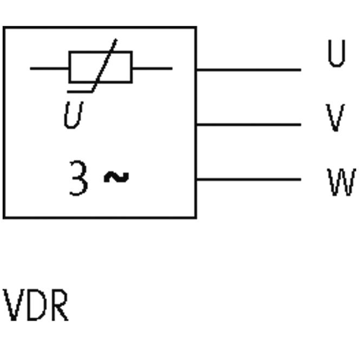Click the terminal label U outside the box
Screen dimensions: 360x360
[x=336, y=54]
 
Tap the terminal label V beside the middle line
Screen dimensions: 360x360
[x=335, y=118]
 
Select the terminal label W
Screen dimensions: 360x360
[x=341, y=182]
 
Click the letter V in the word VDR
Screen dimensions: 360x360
[x=13, y=306]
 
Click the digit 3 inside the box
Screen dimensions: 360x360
[x=78, y=178]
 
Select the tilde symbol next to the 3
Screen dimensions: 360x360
[x=116, y=177]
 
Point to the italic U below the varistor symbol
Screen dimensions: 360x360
[x=73, y=116]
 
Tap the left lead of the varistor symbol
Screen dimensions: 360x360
[x=49, y=69]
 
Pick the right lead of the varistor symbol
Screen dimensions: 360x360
[x=152, y=69]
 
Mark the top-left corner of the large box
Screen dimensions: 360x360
[x=4, y=27]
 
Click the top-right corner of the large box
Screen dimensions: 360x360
[x=196, y=27]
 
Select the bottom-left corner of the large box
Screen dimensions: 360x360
[x=4, y=217]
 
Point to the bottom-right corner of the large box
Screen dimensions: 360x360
[x=196, y=217]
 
